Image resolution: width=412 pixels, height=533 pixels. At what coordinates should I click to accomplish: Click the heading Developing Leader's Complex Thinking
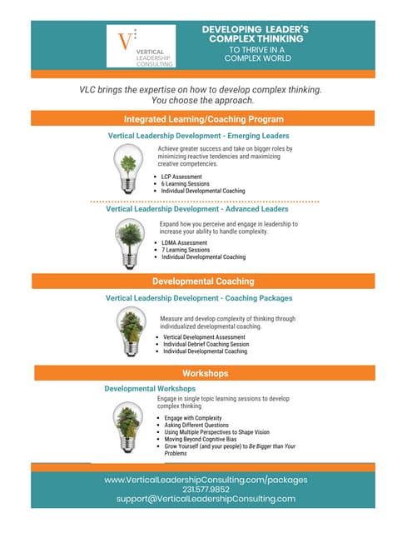pos(255,33)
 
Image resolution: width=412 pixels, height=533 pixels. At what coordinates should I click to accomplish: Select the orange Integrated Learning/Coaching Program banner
pos(204,119)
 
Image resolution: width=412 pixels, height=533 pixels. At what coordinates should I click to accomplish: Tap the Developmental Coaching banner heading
pos(203,281)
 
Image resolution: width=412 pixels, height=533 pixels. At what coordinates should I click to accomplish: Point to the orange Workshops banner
pos(205,373)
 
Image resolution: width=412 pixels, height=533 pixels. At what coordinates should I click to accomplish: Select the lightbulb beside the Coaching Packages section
pos(128,331)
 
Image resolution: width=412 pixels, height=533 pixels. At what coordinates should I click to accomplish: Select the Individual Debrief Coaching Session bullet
pos(206,345)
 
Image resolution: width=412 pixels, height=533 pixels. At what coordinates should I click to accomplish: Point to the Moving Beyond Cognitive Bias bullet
pos(209,440)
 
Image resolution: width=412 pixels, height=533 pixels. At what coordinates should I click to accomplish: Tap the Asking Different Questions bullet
pos(200,425)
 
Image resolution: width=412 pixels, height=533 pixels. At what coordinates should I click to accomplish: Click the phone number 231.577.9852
pos(206,489)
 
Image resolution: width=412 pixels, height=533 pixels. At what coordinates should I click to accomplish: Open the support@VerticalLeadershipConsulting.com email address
pos(206,499)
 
